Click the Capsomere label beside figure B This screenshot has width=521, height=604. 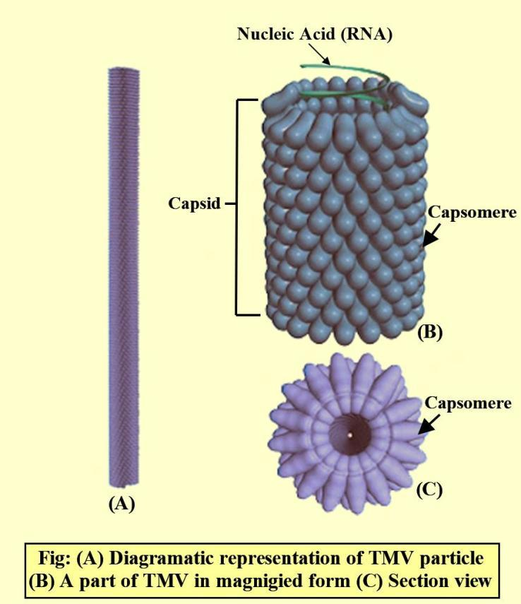[472, 213]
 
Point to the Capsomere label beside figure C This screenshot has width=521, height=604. [467, 403]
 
